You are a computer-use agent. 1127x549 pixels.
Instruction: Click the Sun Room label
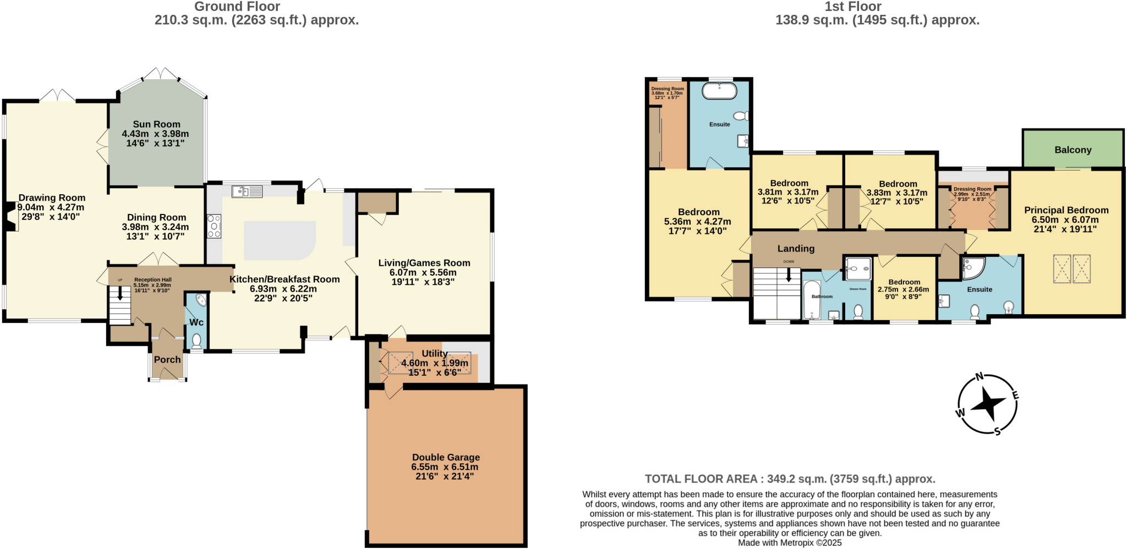pos(156,124)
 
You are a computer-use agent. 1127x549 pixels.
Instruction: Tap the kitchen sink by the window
pos(247,191)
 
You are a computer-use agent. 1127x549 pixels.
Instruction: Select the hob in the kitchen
pos(214,226)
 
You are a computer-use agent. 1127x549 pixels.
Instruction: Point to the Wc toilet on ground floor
pos(196,341)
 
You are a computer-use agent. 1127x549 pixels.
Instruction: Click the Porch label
pos(167,359)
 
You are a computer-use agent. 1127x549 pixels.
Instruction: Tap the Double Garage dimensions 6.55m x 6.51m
pos(445,466)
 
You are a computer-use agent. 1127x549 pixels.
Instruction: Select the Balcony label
pos(1073,150)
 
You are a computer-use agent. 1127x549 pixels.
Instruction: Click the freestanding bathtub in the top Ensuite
pos(719,91)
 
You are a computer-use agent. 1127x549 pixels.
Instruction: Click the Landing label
pos(796,249)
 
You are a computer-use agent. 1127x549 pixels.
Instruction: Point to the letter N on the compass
pos(979,377)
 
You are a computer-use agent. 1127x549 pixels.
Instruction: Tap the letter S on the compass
pos(997,432)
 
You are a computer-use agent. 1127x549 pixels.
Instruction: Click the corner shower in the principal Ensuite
pos(971,268)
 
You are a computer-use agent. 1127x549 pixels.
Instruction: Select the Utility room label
pos(434,353)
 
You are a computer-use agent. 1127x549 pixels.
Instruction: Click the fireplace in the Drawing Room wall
pos(10,216)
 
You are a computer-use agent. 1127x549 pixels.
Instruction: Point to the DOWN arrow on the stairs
pos(789,274)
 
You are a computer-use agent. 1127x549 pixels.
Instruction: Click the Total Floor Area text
pos(790,479)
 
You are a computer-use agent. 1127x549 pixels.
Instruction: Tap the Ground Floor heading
pos(237,7)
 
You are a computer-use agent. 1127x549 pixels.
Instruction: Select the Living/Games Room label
pos(424,263)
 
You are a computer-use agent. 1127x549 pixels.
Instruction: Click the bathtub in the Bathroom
pos(811,300)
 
